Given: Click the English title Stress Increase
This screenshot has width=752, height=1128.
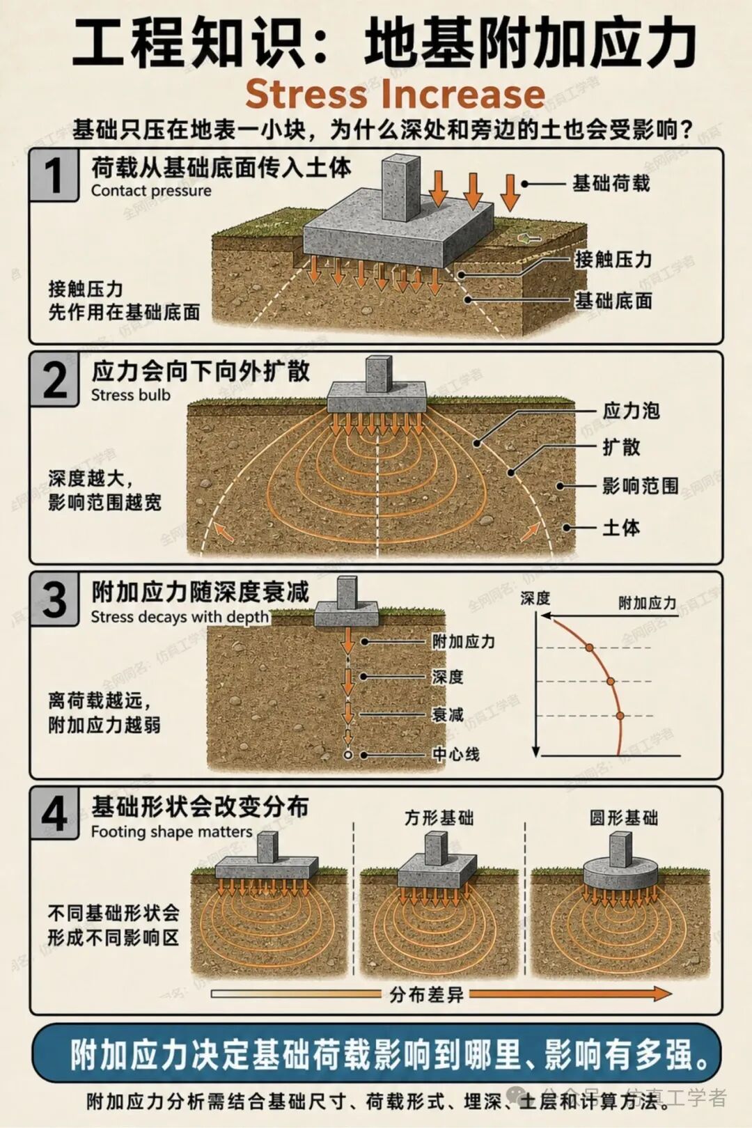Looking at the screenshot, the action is coord(395,95).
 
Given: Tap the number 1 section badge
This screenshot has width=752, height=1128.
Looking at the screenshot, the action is coord(54,175).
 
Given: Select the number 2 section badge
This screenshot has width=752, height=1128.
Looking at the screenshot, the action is coord(54,379).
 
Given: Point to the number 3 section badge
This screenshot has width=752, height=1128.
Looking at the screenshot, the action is coord(54,600).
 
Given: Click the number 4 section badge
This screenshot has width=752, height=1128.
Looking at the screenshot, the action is coord(54,814).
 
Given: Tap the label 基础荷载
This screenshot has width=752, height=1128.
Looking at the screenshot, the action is coord(611,183).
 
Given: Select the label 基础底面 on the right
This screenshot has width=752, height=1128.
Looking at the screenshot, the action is coord(613,301).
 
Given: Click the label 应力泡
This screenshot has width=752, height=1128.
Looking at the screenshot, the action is coord(631,411).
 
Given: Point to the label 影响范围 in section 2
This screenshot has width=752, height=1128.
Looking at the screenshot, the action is coord(640,486).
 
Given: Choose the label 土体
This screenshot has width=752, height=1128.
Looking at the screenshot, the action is coord(621,528).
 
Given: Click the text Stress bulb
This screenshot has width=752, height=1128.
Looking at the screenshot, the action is coord(130,395).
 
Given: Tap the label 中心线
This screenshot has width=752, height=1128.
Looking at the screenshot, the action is coord(455,754).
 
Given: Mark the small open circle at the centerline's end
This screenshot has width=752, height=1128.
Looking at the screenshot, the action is coord(347,755).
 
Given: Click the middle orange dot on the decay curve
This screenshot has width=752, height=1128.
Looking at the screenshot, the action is coord(611,682).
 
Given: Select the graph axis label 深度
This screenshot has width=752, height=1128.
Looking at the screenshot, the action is coord(535,598).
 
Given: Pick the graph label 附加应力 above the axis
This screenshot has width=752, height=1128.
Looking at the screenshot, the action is coord(647,603).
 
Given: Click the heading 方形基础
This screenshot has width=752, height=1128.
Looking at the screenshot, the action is coord(439,817).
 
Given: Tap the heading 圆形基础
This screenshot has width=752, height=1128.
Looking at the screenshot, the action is coord(624,817).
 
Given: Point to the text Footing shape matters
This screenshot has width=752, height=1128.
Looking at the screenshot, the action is coord(171,831).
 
